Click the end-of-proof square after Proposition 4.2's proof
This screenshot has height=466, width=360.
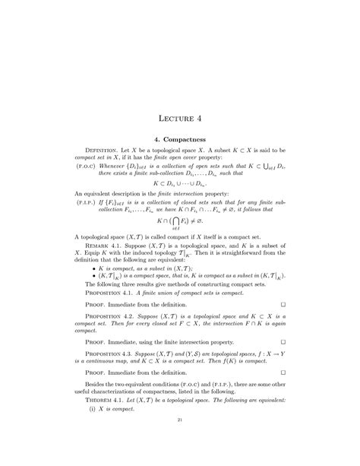coord(282,359)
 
